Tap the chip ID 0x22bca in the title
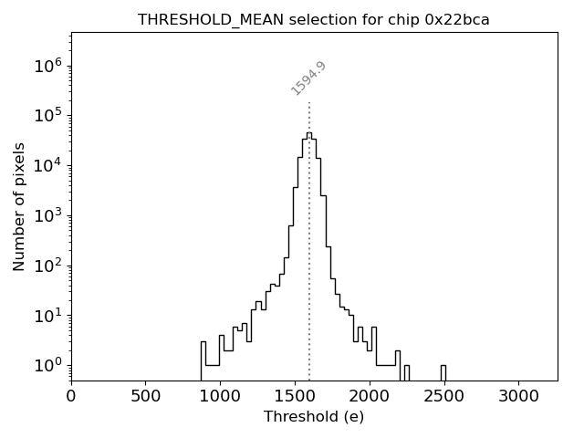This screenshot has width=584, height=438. [457, 20]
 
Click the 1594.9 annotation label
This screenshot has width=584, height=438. [309, 78]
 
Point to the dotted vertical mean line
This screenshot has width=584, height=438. [309, 274]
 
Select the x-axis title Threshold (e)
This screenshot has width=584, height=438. [314, 417]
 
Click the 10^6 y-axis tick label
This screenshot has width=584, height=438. [47, 66]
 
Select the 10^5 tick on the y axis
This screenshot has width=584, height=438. [47, 116]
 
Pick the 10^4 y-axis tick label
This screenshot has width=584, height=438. [47, 166]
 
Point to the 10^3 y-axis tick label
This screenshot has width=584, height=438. [47, 216]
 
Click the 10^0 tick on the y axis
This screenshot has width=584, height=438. [47, 366]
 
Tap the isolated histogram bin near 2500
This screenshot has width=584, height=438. [443, 371]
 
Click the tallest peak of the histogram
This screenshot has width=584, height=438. [308, 134]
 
